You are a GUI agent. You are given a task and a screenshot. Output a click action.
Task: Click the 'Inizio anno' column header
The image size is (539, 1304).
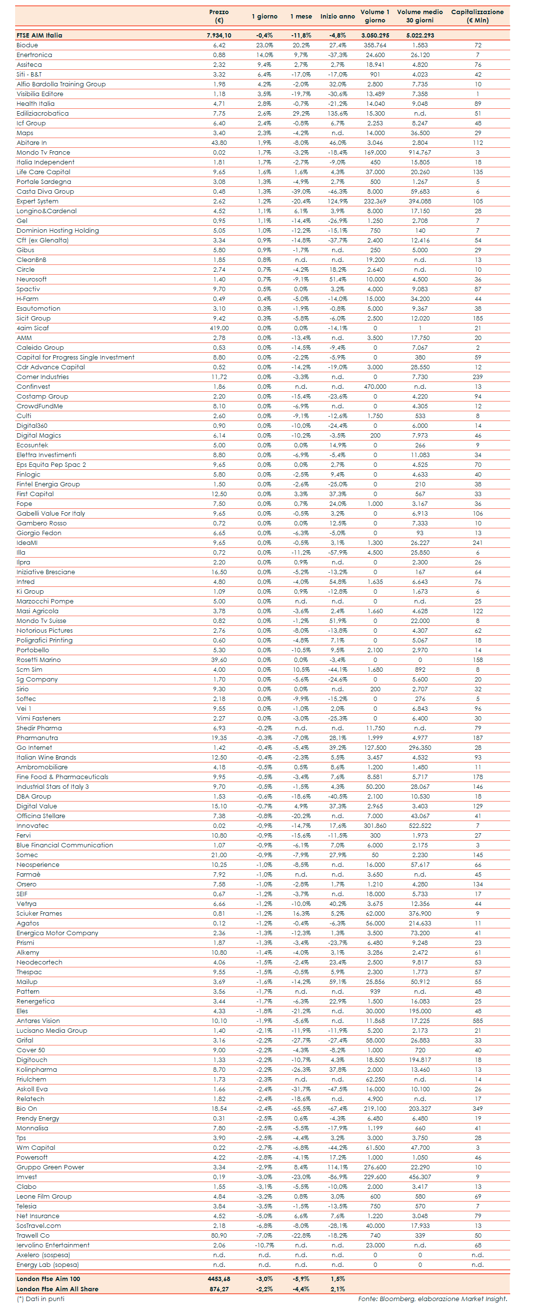337,16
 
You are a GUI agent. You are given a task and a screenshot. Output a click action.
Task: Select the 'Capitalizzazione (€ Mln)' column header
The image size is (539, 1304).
477,16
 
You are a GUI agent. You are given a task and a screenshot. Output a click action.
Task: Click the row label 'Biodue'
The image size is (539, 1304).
27,45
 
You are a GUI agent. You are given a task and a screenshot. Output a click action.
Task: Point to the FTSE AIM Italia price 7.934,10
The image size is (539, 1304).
219,36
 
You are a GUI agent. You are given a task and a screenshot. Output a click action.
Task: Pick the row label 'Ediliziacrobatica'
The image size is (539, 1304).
42,113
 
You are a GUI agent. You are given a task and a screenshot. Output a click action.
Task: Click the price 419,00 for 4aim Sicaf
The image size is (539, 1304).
219,328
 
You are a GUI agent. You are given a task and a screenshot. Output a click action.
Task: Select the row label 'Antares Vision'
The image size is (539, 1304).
38,1021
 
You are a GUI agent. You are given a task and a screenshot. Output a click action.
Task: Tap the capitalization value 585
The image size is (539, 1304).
477,1021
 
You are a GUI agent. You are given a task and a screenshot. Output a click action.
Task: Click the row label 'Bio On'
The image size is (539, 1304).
27,1108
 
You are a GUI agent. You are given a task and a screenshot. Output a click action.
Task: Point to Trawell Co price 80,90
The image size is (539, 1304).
219,1235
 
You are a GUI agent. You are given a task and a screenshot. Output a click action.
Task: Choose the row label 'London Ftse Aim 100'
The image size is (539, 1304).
48,1279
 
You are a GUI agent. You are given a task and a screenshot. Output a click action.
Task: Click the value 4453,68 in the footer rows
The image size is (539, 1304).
219,1279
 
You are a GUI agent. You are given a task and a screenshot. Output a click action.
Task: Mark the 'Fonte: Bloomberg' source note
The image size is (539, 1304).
432,1299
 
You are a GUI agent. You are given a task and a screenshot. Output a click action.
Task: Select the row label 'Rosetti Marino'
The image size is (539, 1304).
39,660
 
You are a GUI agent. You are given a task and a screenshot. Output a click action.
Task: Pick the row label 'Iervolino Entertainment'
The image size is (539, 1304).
53,1245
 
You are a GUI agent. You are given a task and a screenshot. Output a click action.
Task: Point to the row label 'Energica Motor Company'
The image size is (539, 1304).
57,933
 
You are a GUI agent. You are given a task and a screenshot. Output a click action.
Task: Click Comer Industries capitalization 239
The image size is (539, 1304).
477,377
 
